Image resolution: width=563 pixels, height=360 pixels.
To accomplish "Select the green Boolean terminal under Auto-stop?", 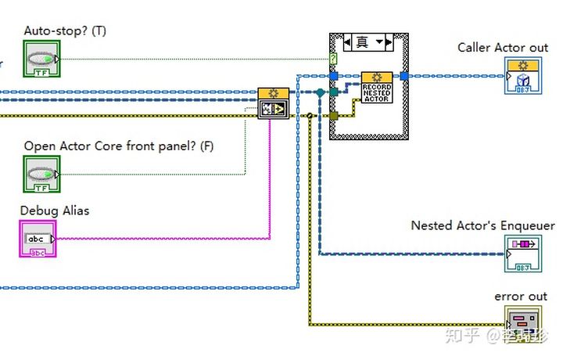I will point(41,59).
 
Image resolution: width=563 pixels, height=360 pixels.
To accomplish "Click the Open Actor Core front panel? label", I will point(118,146).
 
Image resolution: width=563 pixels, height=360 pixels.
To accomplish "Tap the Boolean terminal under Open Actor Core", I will point(41,174).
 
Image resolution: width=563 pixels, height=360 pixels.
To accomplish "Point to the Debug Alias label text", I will point(54,210).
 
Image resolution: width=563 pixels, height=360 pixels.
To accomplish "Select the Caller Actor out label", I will point(502,48).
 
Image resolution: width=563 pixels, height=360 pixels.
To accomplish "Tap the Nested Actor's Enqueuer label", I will point(482,225).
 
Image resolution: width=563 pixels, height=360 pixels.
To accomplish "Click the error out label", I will point(521,297).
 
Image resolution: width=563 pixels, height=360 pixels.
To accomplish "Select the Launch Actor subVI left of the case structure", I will point(273,103).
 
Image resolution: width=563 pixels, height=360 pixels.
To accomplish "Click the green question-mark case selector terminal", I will point(334,59).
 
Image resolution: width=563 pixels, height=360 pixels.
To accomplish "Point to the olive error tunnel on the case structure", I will point(334,116).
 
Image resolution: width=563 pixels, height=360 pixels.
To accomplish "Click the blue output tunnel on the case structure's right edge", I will point(403,76).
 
